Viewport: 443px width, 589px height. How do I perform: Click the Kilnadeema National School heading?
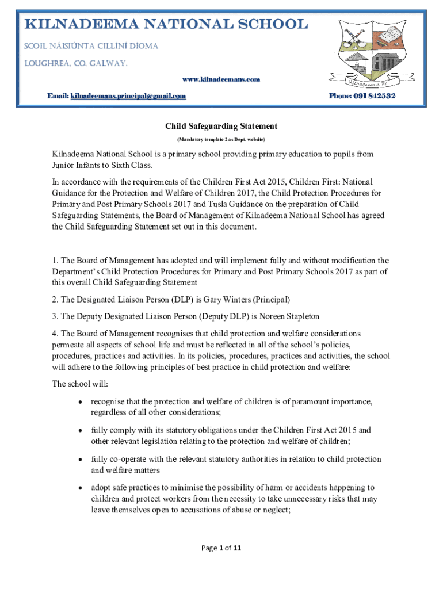(x=165, y=25)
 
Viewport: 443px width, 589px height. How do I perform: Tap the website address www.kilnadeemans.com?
(x=221, y=79)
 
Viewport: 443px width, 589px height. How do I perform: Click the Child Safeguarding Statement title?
(x=221, y=126)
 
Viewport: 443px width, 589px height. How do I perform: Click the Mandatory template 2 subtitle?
(x=221, y=140)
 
